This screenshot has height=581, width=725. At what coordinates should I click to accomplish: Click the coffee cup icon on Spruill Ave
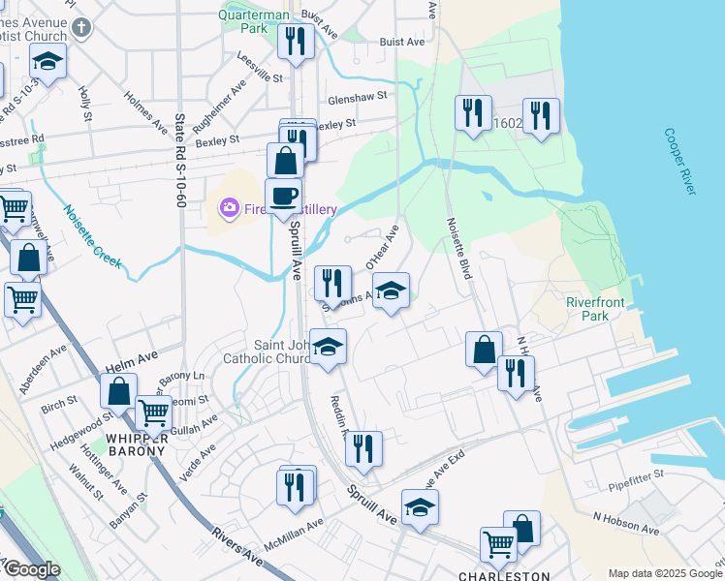(284, 197)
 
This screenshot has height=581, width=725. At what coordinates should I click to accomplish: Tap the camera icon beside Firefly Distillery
(230, 207)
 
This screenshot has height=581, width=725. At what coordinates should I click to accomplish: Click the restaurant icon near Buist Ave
(293, 42)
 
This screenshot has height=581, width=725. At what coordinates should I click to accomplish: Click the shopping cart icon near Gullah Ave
(153, 413)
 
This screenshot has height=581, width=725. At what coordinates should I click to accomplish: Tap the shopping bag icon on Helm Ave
(119, 392)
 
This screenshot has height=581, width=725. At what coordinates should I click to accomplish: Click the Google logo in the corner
(31, 569)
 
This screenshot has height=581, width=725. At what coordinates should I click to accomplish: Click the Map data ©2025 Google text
(664, 573)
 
